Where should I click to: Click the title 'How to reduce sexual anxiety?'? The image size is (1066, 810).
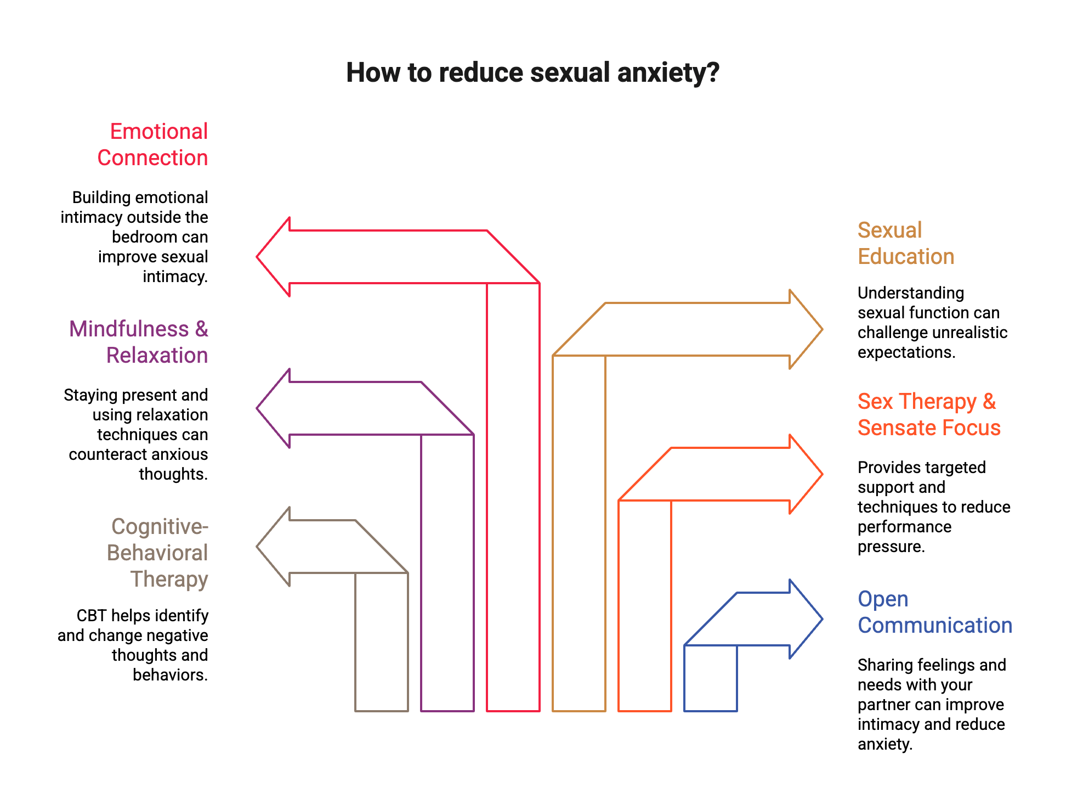tap(532, 73)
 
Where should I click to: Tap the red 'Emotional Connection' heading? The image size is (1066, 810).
tap(153, 145)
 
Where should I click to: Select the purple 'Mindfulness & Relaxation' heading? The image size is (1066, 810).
tap(139, 342)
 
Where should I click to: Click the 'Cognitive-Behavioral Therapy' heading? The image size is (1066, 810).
tap(158, 553)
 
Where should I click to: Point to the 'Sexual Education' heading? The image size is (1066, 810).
tap(905, 244)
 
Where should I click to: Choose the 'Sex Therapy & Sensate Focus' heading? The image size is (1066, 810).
tap(929, 415)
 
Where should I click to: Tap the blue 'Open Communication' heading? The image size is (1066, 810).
tap(934, 612)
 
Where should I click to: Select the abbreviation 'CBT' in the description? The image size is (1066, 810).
tap(90, 616)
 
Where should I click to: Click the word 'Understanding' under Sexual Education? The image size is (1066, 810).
tap(910, 293)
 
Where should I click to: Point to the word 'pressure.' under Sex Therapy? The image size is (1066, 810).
tap(891, 547)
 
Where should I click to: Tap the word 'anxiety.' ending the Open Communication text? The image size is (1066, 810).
tap(884, 744)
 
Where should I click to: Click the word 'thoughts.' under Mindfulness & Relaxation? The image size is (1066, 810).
tap(173, 474)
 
